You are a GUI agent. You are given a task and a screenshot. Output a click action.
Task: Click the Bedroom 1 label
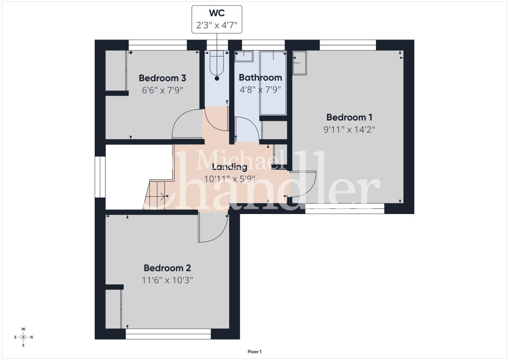[x=349, y=117]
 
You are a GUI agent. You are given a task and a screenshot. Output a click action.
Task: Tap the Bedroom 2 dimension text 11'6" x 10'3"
[x=167, y=280]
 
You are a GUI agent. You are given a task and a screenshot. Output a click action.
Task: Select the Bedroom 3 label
[x=162, y=78]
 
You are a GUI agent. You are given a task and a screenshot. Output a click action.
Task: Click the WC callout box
[x=217, y=19]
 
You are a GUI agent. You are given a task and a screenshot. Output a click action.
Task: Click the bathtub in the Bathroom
[x=273, y=83]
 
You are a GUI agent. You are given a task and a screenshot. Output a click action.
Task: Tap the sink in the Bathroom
[x=244, y=56]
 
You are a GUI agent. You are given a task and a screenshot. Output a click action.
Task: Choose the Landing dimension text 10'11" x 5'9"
[x=230, y=179]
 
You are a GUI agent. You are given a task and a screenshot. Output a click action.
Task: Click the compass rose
[x=23, y=337]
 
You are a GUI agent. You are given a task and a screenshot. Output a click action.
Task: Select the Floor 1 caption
[x=255, y=352]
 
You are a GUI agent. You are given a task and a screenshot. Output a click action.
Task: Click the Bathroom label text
[x=260, y=77]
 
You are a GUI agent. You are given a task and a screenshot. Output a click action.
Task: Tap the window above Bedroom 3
[x=158, y=45]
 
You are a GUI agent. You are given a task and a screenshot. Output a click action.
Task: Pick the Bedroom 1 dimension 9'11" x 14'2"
[x=349, y=130]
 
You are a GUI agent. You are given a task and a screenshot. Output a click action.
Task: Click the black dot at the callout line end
[x=217, y=78]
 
